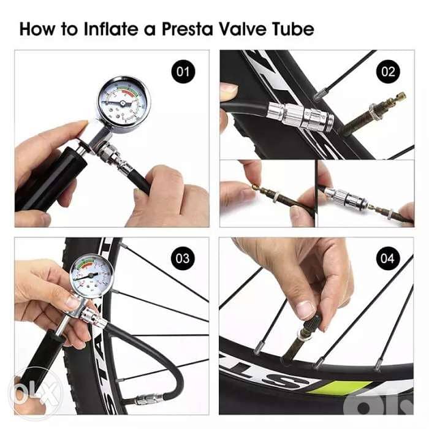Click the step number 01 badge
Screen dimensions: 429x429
182,72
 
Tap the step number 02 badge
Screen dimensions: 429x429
388,72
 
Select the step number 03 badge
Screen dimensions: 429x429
182,258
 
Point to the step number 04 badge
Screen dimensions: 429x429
387,258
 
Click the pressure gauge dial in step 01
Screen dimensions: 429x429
123,102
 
